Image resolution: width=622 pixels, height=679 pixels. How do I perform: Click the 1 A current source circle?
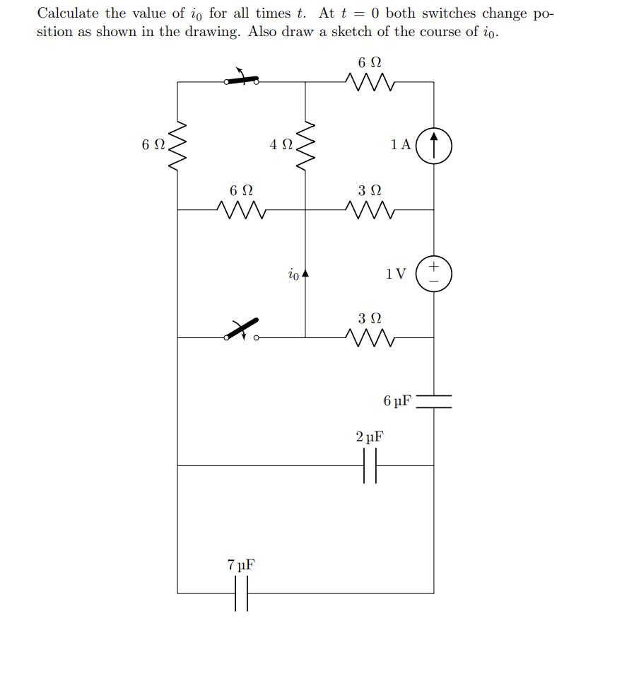point(433,146)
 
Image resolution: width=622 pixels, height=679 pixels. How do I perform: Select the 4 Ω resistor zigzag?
point(305,146)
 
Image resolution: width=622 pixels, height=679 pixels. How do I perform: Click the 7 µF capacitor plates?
point(242,593)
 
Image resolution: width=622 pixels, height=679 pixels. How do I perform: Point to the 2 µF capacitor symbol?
point(370,466)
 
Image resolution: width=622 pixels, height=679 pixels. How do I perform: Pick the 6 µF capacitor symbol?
point(433,402)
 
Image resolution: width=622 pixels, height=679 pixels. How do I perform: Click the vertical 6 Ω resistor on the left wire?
point(177,146)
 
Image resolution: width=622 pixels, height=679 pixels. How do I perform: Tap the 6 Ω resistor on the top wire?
point(370,83)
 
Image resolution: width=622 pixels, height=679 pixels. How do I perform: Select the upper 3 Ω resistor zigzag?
point(370,210)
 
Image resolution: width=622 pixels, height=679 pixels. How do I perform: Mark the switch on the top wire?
point(241,81)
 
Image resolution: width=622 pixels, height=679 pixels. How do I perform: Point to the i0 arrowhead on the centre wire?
point(305,272)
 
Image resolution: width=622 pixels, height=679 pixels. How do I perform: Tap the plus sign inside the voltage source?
point(434,267)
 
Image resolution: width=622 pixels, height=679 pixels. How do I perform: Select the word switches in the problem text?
point(449,13)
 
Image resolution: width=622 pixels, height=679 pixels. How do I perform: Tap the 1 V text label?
point(396,274)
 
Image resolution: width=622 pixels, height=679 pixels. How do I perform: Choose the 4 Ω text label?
point(281,145)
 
